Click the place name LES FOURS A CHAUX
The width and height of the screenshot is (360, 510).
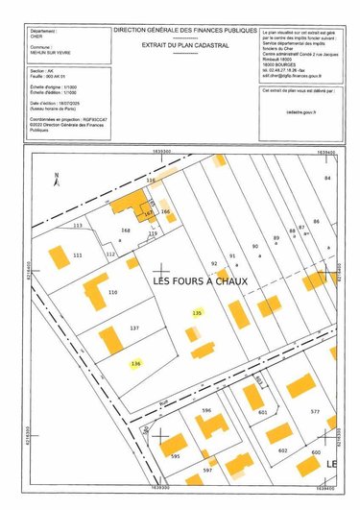point(201,281)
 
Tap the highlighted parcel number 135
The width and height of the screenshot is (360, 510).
point(198,314)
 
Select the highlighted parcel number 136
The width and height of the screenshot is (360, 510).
point(135,364)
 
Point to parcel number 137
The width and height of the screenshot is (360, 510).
point(134,328)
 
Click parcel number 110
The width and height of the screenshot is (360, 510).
point(112,292)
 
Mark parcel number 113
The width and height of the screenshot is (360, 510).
point(78,225)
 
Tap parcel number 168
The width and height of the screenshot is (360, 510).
point(125,231)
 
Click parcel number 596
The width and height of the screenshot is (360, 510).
point(205,411)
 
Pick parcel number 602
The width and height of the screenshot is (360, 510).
point(283,450)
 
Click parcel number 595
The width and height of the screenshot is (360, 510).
point(175,457)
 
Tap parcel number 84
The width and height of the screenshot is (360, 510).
point(327,179)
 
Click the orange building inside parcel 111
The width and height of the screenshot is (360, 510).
point(60,257)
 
